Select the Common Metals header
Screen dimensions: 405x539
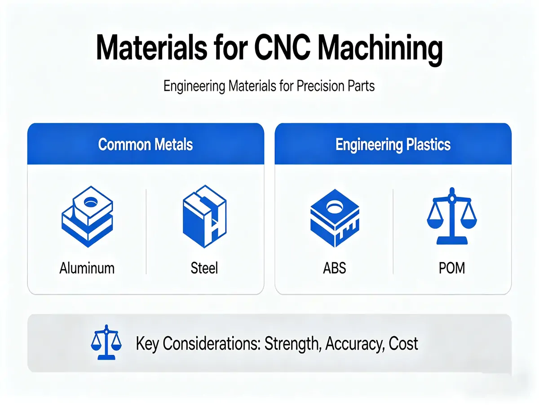[146, 144]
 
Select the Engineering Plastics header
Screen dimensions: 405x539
[393, 144]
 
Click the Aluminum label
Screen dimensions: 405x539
[87, 268]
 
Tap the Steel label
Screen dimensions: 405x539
[204, 268]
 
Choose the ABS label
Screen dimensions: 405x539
[335, 268]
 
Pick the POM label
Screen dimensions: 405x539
[452, 268]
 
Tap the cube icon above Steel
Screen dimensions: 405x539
[204, 216]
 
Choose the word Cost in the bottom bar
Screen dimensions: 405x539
[403, 344]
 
